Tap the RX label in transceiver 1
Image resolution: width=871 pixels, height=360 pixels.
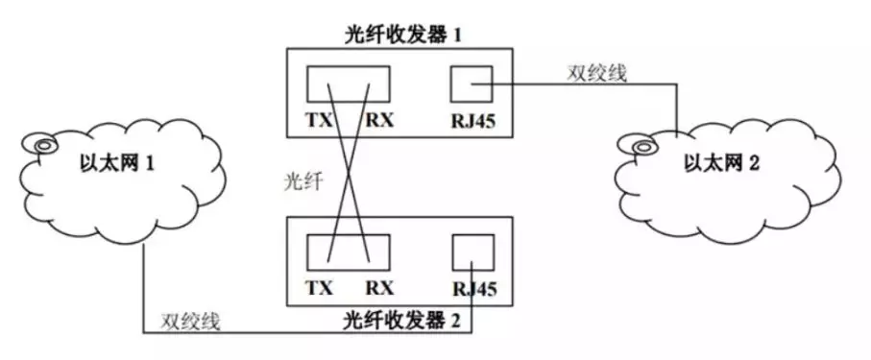(378, 122)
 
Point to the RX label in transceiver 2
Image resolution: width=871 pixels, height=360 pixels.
(378, 287)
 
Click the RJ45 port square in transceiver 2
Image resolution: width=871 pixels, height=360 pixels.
(471, 252)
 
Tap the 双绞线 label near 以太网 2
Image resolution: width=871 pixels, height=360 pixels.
(596, 73)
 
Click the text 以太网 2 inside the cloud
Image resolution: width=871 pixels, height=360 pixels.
(720, 163)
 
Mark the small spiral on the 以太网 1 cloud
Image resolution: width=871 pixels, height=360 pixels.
(41, 145)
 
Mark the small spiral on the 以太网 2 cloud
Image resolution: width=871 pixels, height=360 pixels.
(641, 145)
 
